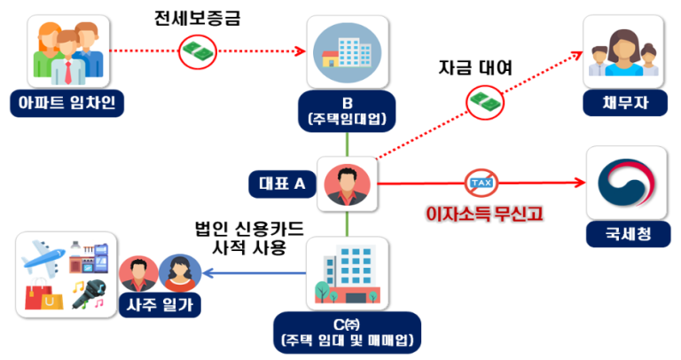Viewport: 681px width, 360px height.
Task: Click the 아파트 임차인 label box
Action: click(x=67, y=104)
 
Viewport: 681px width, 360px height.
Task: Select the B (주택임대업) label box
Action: click(x=348, y=107)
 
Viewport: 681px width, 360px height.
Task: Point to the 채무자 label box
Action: click(x=626, y=103)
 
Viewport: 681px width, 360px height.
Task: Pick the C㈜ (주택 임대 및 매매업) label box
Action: click(x=347, y=331)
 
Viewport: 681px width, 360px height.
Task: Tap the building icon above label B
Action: click(x=347, y=49)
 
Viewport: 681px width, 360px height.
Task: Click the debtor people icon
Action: click(x=626, y=51)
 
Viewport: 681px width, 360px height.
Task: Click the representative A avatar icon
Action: click(x=347, y=184)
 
